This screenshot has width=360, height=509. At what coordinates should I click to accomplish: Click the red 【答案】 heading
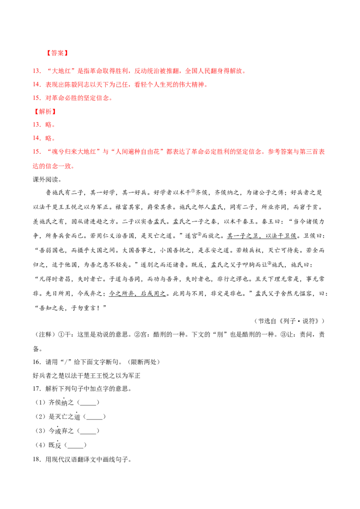(57, 53)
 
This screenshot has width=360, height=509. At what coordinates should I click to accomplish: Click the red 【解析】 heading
(45, 112)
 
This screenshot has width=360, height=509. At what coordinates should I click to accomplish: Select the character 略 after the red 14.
(49, 138)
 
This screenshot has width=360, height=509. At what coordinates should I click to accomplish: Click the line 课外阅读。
(47, 179)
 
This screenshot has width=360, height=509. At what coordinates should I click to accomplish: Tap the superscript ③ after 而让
(270, 263)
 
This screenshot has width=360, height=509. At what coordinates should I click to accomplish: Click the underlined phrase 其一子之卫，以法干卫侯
(262, 236)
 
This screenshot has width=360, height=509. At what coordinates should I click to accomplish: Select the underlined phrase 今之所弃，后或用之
(137, 294)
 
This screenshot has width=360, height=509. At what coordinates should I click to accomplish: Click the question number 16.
(37, 362)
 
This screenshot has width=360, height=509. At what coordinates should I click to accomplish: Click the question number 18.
(37, 460)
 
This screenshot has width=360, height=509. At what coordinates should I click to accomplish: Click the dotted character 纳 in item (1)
(64, 403)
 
